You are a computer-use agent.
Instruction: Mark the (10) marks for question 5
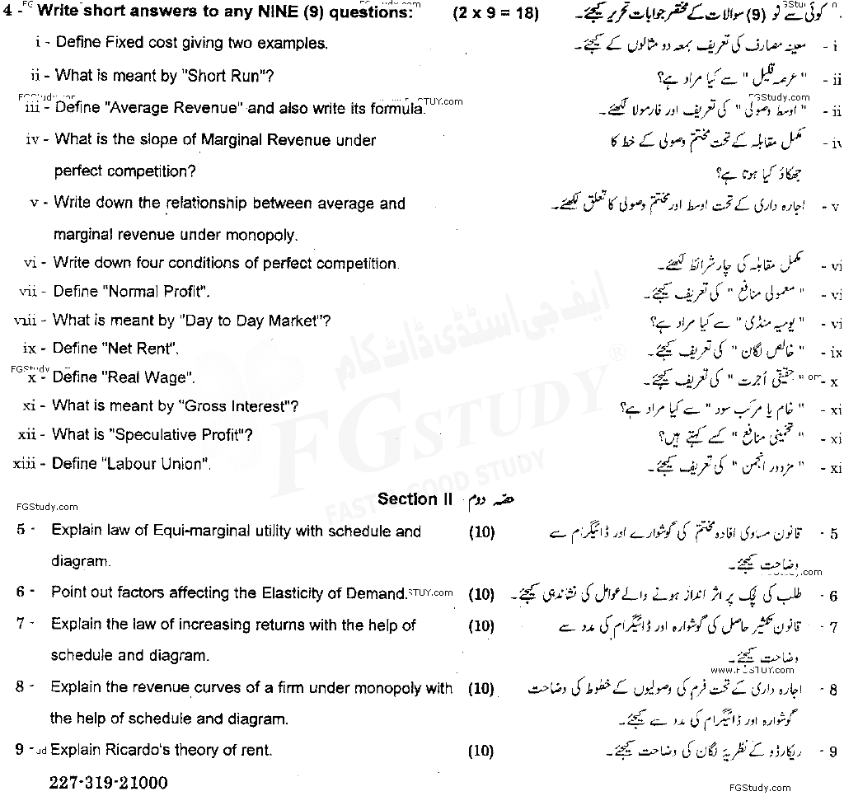[481, 532]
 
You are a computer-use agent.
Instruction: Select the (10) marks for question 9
[481, 751]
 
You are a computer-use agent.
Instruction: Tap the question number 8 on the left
[19, 686]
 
